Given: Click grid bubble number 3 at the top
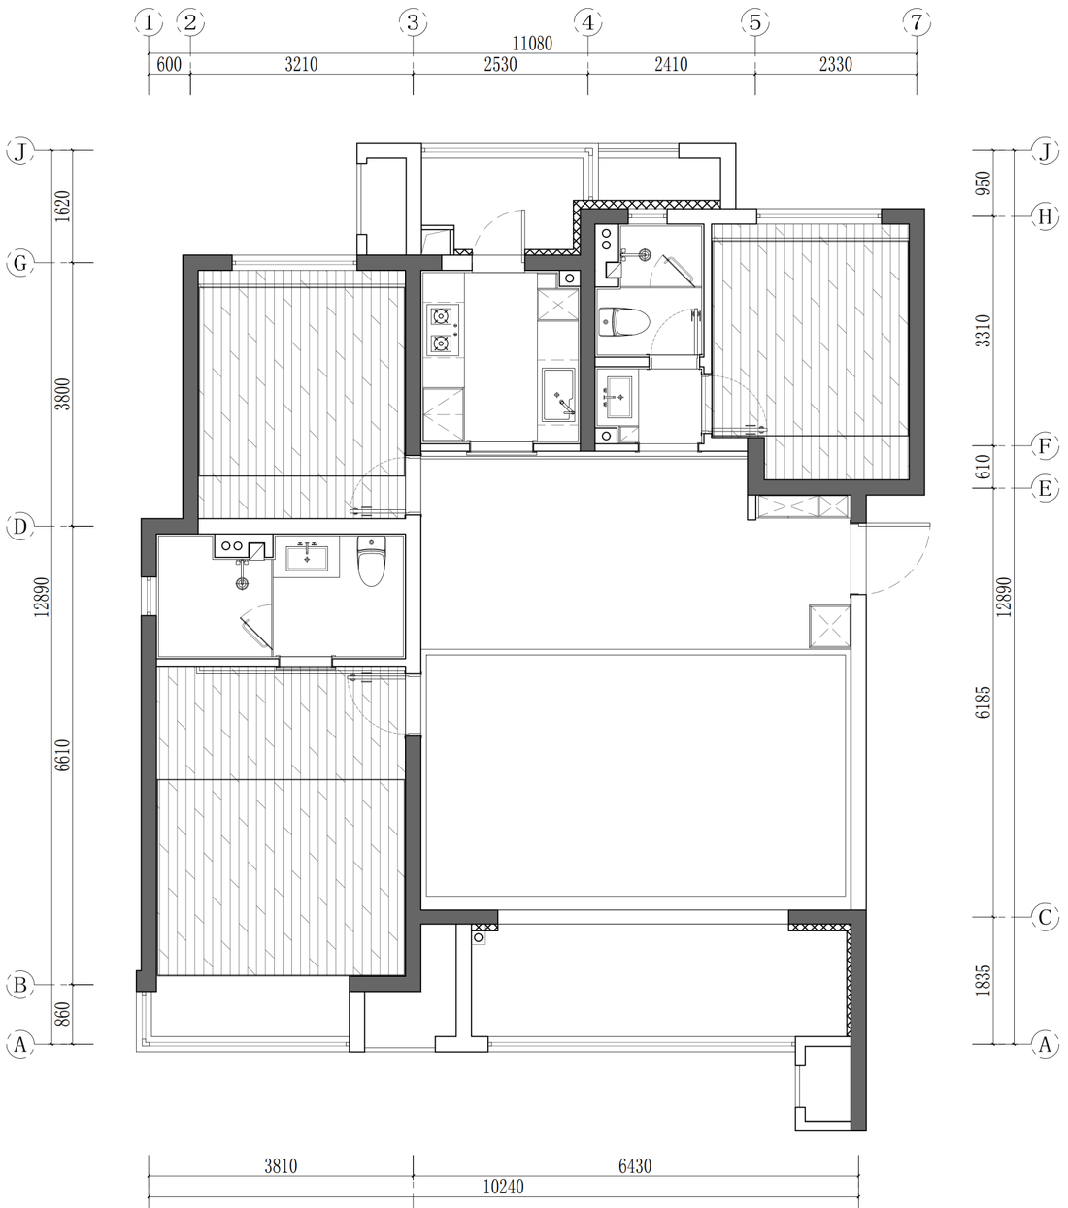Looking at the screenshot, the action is tap(413, 22).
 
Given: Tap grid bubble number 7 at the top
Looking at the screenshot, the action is tap(917, 22).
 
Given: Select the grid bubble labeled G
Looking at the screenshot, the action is tap(20, 263).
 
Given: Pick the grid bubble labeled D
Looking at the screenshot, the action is tap(20, 527).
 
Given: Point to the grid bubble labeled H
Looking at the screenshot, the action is tap(1046, 215).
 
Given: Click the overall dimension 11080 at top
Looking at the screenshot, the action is tap(532, 44).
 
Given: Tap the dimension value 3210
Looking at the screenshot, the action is tap(301, 64).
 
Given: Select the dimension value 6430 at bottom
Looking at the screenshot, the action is tap(635, 1165).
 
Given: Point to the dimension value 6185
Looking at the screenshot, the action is tap(983, 702).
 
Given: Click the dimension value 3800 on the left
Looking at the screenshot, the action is tap(63, 394).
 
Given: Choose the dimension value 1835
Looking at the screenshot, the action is tap(983, 980).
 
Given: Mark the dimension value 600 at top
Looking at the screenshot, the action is tap(169, 64).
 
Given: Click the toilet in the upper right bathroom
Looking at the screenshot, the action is tap(623, 322).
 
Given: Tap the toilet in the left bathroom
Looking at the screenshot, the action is tap(371, 561).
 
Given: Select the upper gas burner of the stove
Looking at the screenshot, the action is tap(442, 316).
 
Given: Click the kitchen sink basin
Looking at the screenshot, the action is tap(558, 394).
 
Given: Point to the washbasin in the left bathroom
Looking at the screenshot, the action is tap(307, 559).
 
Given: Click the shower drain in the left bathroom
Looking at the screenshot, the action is tap(242, 584).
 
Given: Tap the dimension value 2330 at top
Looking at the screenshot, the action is tap(835, 64).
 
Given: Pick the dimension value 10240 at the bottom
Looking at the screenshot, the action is tap(503, 1187).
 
